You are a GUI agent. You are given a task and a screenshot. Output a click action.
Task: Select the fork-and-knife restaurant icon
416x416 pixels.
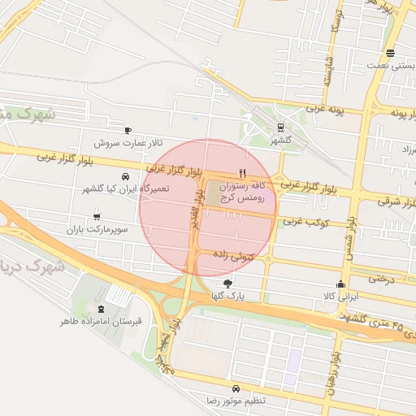[x=241, y=173]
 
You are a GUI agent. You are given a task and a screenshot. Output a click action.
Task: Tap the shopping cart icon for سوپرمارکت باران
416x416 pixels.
[x=98, y=216]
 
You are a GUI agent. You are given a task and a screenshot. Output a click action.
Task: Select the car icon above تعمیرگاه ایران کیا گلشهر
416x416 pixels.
[x=125, y=176]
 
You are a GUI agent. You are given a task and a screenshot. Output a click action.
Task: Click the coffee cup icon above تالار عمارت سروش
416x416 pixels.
[x=128, y=130]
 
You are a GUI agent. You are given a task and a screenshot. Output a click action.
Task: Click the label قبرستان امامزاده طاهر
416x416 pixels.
[x=101, y=321]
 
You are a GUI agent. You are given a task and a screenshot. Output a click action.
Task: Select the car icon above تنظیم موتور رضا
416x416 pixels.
[x=235, y=388]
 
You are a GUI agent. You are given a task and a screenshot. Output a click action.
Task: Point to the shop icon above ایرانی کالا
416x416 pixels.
[x=340, y=284]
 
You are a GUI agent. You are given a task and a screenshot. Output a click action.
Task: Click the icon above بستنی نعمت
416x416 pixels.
[x=392, y=54]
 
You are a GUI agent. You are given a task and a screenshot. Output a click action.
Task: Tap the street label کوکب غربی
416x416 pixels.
[x=305, y=220]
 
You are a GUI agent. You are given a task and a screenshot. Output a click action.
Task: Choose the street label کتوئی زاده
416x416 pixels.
[x=235, y=255]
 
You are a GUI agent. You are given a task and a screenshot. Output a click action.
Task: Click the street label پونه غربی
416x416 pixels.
[x=325, y=107]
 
